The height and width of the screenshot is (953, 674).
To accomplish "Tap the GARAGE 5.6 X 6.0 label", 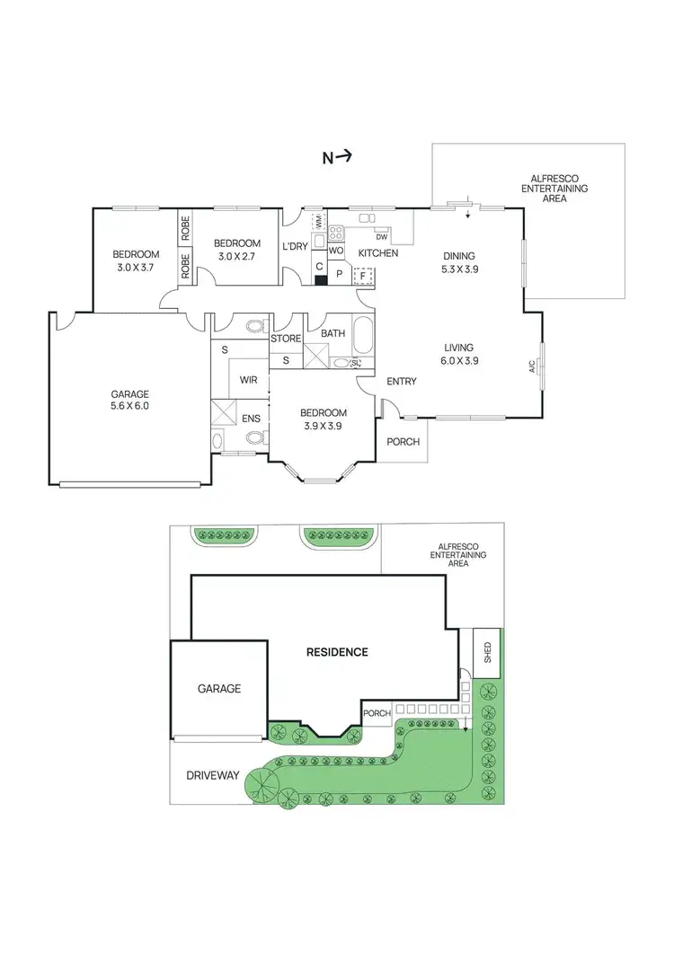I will [130, 400].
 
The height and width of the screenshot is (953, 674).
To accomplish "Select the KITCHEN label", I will [378, 254].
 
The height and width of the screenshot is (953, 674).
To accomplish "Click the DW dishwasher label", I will [382, 236].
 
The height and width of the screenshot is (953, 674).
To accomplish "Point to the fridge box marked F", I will [363, 275].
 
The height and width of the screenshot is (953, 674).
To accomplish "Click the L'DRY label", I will [296, 246].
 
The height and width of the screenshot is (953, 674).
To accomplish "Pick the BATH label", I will [333, 334].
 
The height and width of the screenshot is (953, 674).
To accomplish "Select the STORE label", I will [287, 339].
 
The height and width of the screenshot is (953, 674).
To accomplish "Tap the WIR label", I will [249, 380].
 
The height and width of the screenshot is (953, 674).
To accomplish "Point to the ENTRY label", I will [401, 382].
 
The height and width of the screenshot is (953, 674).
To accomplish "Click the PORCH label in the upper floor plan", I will [402, 442].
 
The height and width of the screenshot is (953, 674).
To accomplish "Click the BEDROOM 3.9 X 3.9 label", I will [323, 419].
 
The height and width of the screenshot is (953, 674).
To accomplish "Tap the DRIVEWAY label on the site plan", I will [213, 774].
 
